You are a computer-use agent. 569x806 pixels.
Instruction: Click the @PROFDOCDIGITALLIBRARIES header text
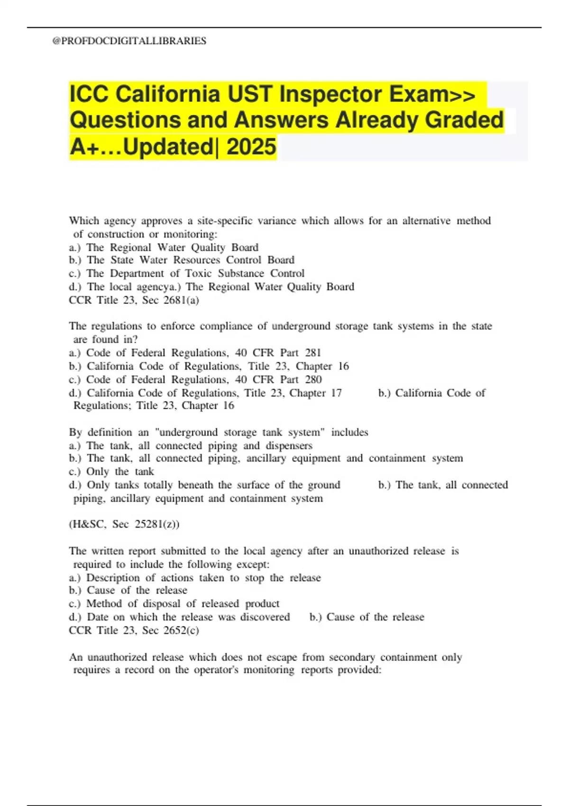pos(129,41)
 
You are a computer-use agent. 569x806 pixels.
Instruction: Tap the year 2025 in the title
pos(251,147)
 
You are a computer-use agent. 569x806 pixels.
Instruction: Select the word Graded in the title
pos(464,120)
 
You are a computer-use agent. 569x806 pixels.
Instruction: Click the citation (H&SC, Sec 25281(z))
pos(124,524)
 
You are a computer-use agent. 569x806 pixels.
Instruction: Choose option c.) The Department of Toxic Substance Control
pos(187,274)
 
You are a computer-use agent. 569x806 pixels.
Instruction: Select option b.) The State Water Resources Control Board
pos(182,260)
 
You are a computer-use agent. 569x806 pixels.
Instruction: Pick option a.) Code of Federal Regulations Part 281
pos(195,353)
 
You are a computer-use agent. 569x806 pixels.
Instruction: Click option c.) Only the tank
pos(111,472)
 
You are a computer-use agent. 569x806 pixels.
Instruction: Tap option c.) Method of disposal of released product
pos(174,604)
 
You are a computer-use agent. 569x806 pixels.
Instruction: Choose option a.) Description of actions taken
pos(195,578)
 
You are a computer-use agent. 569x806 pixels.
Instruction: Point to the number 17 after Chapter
pos(336,393)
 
